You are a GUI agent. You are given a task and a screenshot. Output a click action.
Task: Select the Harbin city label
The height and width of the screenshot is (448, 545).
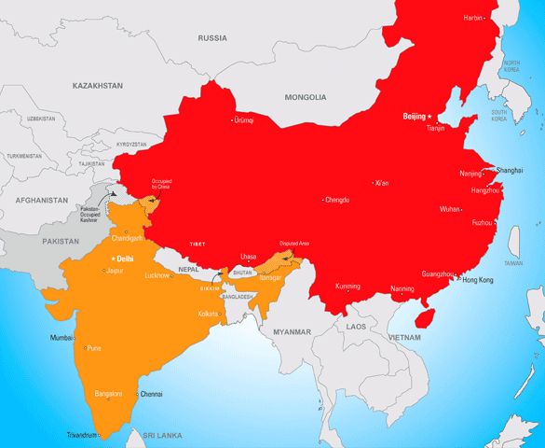tap(473, 18)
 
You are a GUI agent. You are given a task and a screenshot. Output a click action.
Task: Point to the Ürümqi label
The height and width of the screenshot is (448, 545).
tap(244, 120)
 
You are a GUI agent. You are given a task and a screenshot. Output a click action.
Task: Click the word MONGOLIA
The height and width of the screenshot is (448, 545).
tap(306, 97)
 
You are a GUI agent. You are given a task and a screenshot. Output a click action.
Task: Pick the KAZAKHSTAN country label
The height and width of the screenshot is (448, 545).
tap(98, 85)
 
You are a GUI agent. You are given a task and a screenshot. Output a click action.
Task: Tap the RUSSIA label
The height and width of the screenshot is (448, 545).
tap(212, 38)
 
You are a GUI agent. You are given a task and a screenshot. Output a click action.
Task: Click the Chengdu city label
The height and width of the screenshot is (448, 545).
tap(338, 199)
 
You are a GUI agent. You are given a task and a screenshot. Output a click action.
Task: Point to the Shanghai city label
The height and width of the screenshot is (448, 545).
tap(510, 171)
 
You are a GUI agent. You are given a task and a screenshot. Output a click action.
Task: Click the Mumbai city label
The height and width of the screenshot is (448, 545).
tap(61, 336)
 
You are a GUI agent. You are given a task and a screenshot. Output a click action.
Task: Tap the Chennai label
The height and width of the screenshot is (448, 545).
tap(151, 394)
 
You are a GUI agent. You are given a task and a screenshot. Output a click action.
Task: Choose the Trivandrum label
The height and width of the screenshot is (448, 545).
tap(81, 436)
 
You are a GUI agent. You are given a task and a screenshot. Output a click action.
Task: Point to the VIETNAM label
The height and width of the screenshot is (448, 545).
tap(405, 335)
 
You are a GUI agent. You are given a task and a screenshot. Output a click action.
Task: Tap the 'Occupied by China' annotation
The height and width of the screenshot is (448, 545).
tap(161, 183)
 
